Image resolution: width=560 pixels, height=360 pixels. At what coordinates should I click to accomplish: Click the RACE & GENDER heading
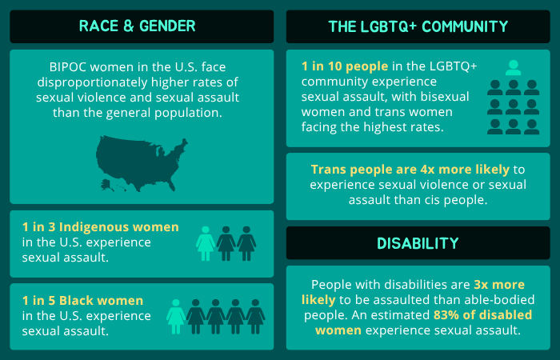pyautogui.click(x=138, y=26)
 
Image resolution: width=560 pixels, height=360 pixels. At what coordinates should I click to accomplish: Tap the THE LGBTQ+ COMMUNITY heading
pyautogui.click(x=418, y=26)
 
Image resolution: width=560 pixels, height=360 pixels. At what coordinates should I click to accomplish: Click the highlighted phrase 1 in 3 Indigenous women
pyautogui.click(x=101, y=227)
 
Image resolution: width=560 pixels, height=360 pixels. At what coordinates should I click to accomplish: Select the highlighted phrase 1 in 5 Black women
pyautogui.click(x=83, y=301)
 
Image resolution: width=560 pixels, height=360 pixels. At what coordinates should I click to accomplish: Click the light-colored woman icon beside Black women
pyautogui.click(x=176, y=316)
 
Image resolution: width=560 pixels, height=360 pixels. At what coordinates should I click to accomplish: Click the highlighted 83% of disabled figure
pyautogui.click(x=467, y=314)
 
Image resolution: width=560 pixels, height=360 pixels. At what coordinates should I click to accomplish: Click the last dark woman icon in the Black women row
pyautogui.click(x=255, y=316)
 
